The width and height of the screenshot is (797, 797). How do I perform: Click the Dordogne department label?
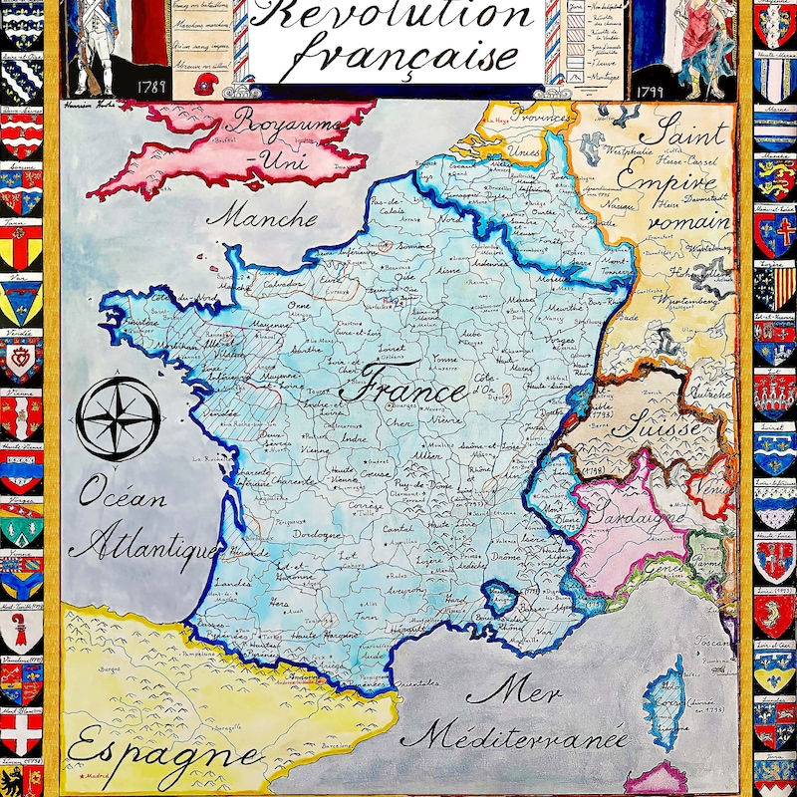[318, 534]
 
